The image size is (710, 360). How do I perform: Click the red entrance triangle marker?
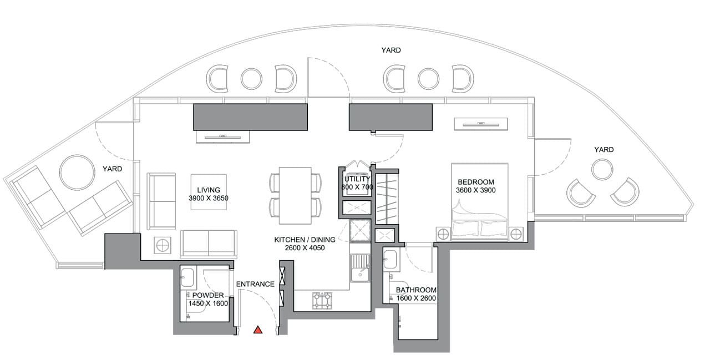click(x=257, y=330)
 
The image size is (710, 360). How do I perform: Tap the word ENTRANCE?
click(x=255, y=284)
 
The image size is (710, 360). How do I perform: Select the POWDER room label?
click(x=208, y=295)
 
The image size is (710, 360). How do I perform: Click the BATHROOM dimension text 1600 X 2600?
click(x=417, y=298)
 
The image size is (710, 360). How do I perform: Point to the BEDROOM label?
click(x=475, y=182)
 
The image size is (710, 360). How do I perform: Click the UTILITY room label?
click(x=357, y=179)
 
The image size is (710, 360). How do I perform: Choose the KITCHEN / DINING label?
click(x=305, y=240)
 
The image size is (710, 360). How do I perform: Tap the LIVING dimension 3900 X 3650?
click(x=208, y=198)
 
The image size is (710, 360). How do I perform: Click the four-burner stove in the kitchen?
click(x=323, y=301)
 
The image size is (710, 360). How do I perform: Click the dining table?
click(x=295, y=191)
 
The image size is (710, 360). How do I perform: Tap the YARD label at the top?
click(x=391, y=50)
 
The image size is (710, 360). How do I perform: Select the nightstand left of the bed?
click(x=443, y=233)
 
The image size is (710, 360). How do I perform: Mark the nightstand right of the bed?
click(x=516, y=233)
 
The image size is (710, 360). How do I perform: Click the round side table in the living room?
click(x=162, y=245)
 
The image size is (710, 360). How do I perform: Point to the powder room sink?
click(x=187, y=277)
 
